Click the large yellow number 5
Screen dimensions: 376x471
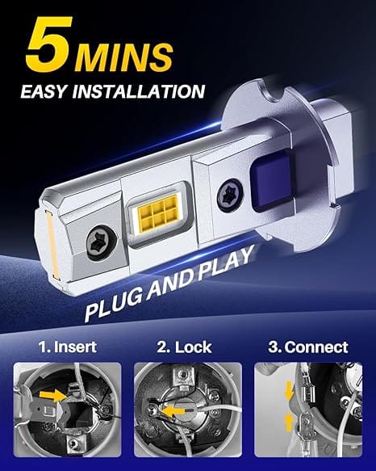pyautogui.click(x=50, y=44)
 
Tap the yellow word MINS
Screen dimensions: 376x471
pyautogui.click(x=124, y=57)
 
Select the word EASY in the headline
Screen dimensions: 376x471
pyautogui.click(x=44, y=91)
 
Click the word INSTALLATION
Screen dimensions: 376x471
pyautogui.click(x=139, y=91)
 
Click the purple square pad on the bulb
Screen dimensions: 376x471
pyautogui.click(x=271, y=183)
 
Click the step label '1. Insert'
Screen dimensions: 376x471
pyautogui.click(x=68, y=347)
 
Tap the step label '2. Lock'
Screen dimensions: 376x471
pyautogui.click(x=184, y=347)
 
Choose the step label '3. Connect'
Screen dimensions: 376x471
pyautogui.click(x=308, y=347)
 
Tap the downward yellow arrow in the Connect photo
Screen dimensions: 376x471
pyautogui.click(x=288, y=390)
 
